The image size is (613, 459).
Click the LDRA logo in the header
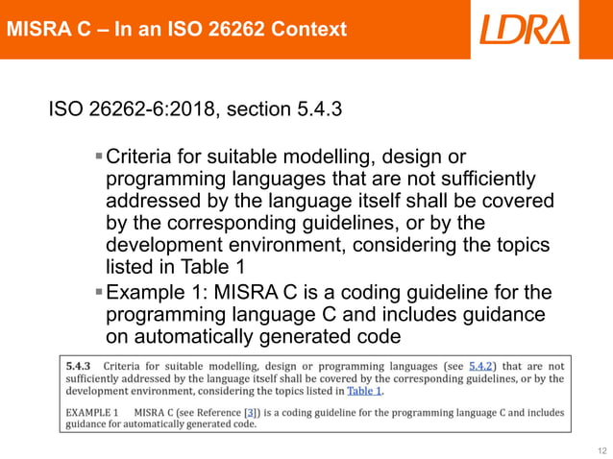tap(524, 29)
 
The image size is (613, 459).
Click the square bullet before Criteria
tap(99, 156)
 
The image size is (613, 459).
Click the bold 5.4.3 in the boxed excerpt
tap(78, 366)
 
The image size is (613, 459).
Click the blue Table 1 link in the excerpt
tap(365, 392)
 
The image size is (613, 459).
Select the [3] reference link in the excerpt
tap(252, 412)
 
